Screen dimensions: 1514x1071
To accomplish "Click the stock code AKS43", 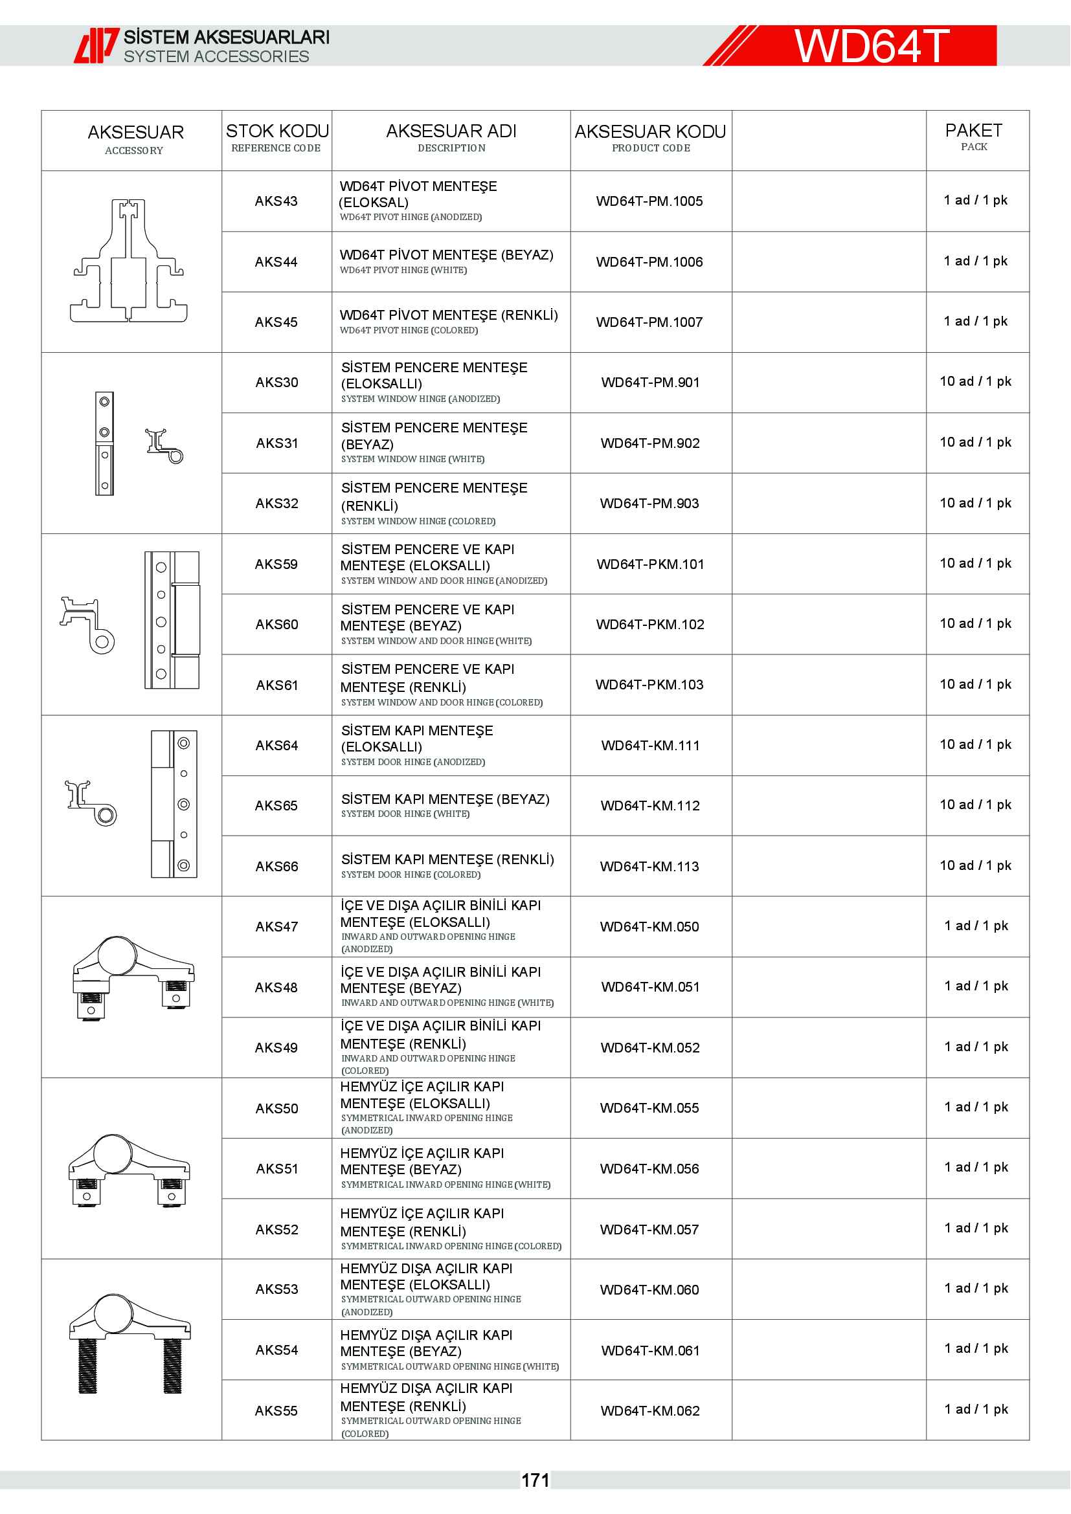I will pos(276,201).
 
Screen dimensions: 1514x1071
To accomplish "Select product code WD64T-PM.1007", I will pos(649,322).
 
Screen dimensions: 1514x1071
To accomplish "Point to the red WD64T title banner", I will pos(870,46).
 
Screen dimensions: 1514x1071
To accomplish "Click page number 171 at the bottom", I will pos(535,1480).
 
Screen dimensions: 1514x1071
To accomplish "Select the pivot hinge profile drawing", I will pos(129,261).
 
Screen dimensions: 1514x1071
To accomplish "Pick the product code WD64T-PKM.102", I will pos(649,625).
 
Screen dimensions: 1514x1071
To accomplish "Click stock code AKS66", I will pos(276,867).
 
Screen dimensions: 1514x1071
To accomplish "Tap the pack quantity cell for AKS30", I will pos(975,382).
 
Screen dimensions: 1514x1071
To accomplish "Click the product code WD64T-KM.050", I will pos(649,926).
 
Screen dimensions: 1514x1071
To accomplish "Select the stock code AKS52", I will pos(276,1229).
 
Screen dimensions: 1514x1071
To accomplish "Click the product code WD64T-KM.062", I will pos(649,1410).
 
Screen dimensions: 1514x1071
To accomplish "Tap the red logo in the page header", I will pos(96,45).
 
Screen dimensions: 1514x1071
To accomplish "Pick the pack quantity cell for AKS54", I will pos(976,1348).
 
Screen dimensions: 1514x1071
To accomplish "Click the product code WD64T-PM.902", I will pos(649,443).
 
